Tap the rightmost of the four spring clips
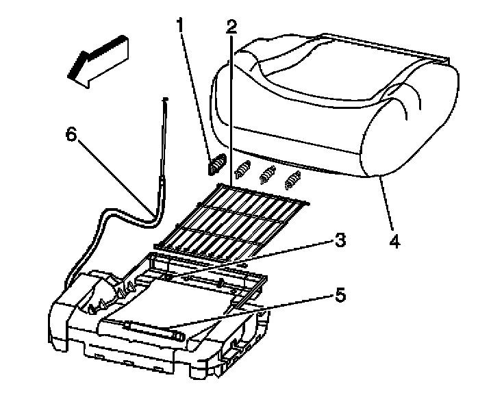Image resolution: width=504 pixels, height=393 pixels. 294,180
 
